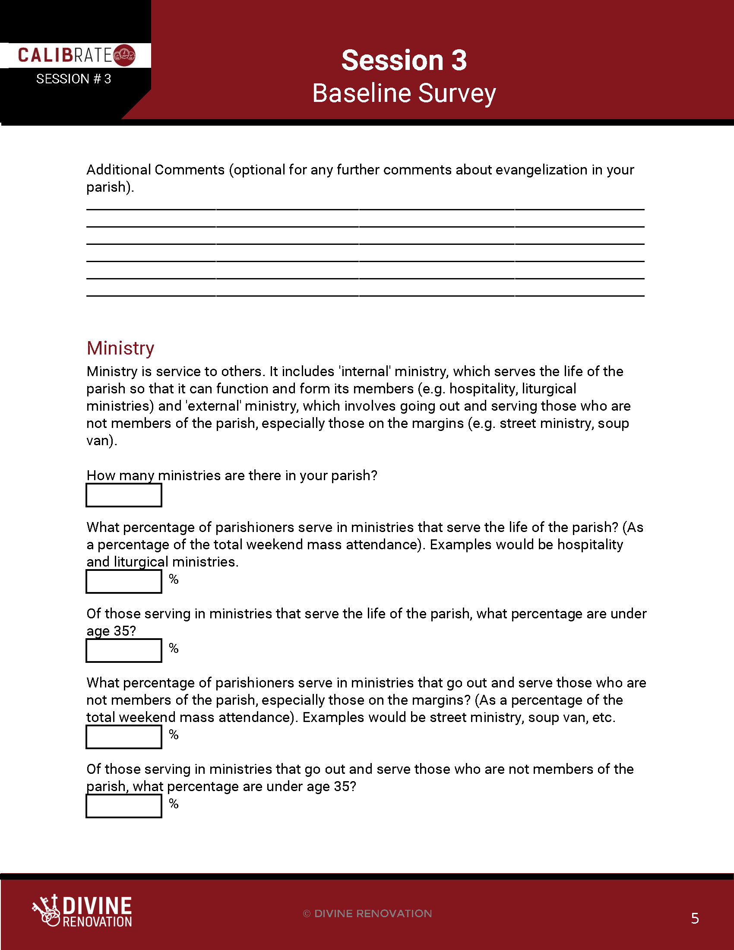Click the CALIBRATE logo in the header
pyautogui.click(x=76, y=55)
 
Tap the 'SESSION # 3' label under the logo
pyautogui.click(x=73, y=79)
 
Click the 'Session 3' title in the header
pyautogui.click(x=404, y=60)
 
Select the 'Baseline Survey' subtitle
pyautogui.click(x=404, y=93)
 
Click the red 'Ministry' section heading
pyautogui.click(x=120, y=348)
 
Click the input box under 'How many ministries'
pyautogui.click(x=124, y=495)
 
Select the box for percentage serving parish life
pyautogui.click(x=124, y=582)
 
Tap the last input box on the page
pyautogui.click(x=124, y=806)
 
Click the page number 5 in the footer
pyautogui.click(x=695, y=918)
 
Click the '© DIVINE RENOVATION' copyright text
pyautogui.click(x=367, y=913)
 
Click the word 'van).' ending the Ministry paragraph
pyautogui.click(x=102, y=440)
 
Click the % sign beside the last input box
pyautogui.click(x=174, y=804)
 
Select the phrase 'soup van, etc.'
pyautogui.click(x=571, y=717)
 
